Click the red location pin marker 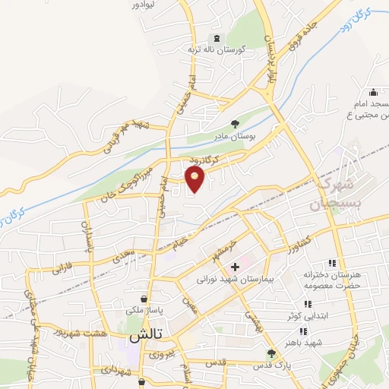pos(194,179)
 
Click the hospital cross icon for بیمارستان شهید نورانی pos(236,267)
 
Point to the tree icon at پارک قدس pos(271,353)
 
